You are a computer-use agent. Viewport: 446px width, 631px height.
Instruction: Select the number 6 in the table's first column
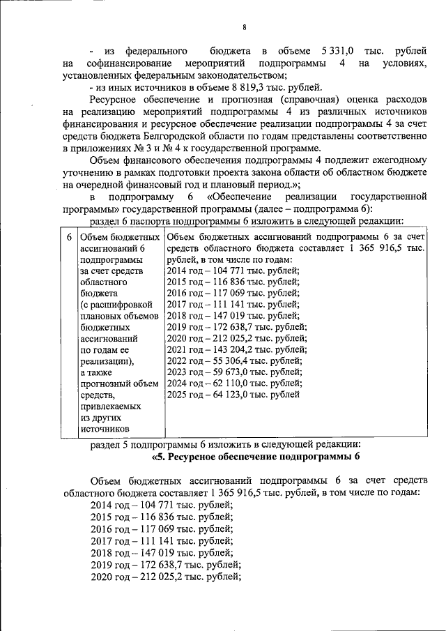[68, 238]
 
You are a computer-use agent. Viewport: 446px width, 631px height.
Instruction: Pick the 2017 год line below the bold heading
[162, 541]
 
